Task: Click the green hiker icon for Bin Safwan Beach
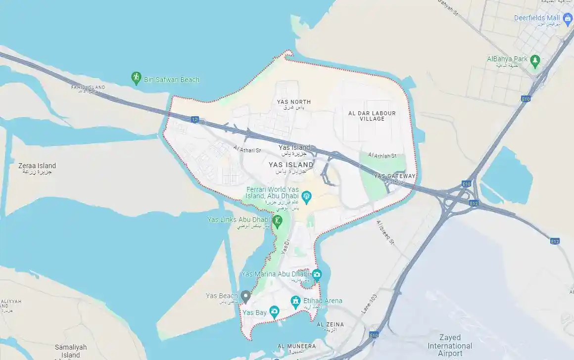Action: (x=136, y=78)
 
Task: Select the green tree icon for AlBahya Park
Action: (x=534, y=61)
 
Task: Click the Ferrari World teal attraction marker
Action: (x=307, y=197)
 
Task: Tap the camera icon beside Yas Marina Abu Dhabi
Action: (x=317, y=274)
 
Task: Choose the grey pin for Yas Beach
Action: (x=245, y=296)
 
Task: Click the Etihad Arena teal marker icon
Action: (x=295, y=301)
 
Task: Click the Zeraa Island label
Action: (x=37, y=166)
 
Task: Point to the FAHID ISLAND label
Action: (x=89, y=88)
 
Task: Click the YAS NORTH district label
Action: (x=294, y=102)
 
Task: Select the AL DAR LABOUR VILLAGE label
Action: (x=372, y=116)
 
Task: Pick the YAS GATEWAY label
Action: (x=395, y=176)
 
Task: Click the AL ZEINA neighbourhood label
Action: (x=330, y=324)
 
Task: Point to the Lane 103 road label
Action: (x=369, y=302)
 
